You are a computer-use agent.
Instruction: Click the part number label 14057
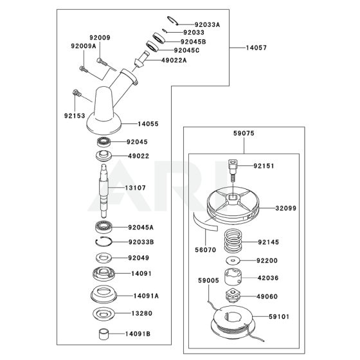[256, 48]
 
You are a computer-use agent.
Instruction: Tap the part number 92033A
[207, 24]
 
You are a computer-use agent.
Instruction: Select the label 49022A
[174, 60]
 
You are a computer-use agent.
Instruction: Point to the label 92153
[75, 116]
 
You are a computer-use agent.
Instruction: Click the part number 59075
[244, 133]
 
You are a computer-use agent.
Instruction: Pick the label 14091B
[138, 334]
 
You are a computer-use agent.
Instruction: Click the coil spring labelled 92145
[233, 240]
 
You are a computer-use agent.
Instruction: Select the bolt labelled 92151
[232, 170]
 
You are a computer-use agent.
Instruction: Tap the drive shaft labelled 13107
[104, 191]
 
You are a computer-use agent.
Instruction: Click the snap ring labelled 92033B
[104, 242]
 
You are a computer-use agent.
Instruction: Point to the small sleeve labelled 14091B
[104, 334]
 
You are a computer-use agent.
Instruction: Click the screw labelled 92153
[77, 93]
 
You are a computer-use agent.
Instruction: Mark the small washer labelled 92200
[233, 260]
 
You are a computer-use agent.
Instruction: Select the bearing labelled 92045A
[104, 227]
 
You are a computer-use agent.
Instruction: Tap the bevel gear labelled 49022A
[141, 59]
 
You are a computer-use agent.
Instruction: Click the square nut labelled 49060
[233, 296]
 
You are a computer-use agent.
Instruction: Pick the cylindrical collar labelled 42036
[233, 276]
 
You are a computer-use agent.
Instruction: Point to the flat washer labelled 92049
[104, 258]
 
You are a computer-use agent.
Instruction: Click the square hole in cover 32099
[233, 197]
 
